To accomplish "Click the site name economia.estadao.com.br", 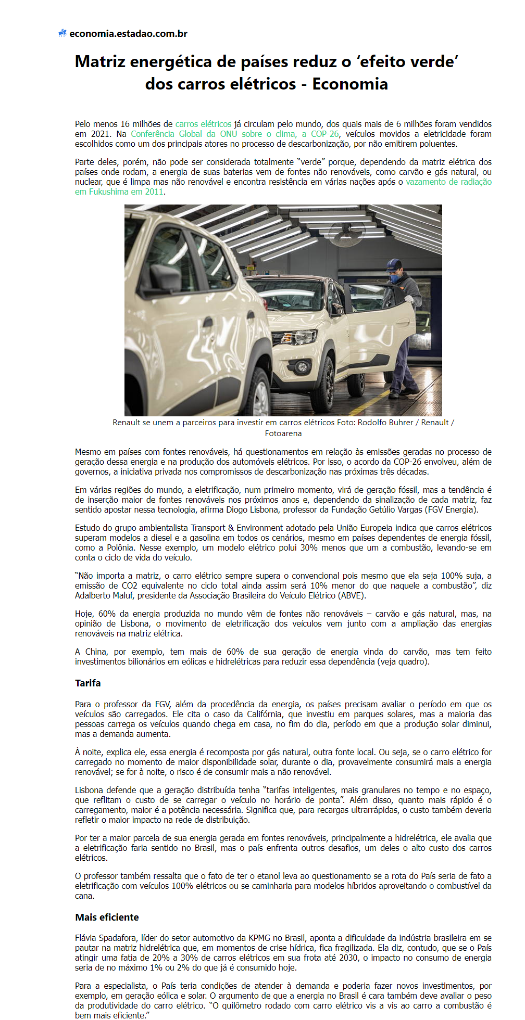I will click(x=128, y=34).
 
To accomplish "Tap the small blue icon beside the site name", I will click(x=63, y=33).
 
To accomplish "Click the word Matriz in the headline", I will click(x=100, y=62).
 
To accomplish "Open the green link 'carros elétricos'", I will click(x=203, y=124).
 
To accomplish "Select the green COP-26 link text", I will click(x=325, y=134).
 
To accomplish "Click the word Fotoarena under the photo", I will click(x=283, y=433).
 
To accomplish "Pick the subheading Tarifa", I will click(x=88, y=683).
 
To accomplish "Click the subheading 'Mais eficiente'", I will click(x=107, y=917).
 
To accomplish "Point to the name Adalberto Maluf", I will click(x=105, y=595).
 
